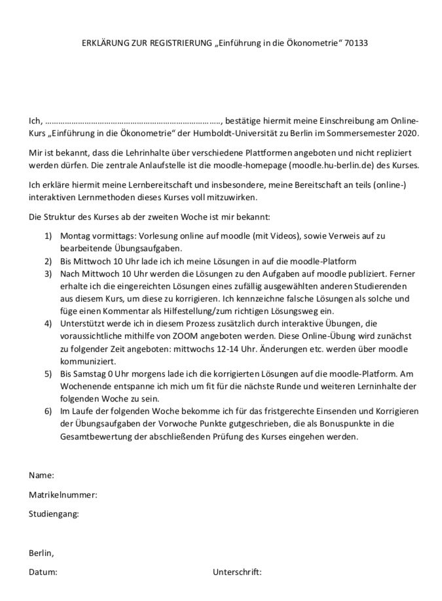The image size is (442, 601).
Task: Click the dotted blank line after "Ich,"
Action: [134, 121]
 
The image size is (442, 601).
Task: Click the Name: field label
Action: [41, 475]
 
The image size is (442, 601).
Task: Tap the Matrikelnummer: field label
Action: [63, 495]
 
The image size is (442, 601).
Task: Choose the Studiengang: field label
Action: [54, 514]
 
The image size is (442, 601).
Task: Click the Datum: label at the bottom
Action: [43, 572]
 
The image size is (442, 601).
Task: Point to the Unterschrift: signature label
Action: [237, 572]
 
